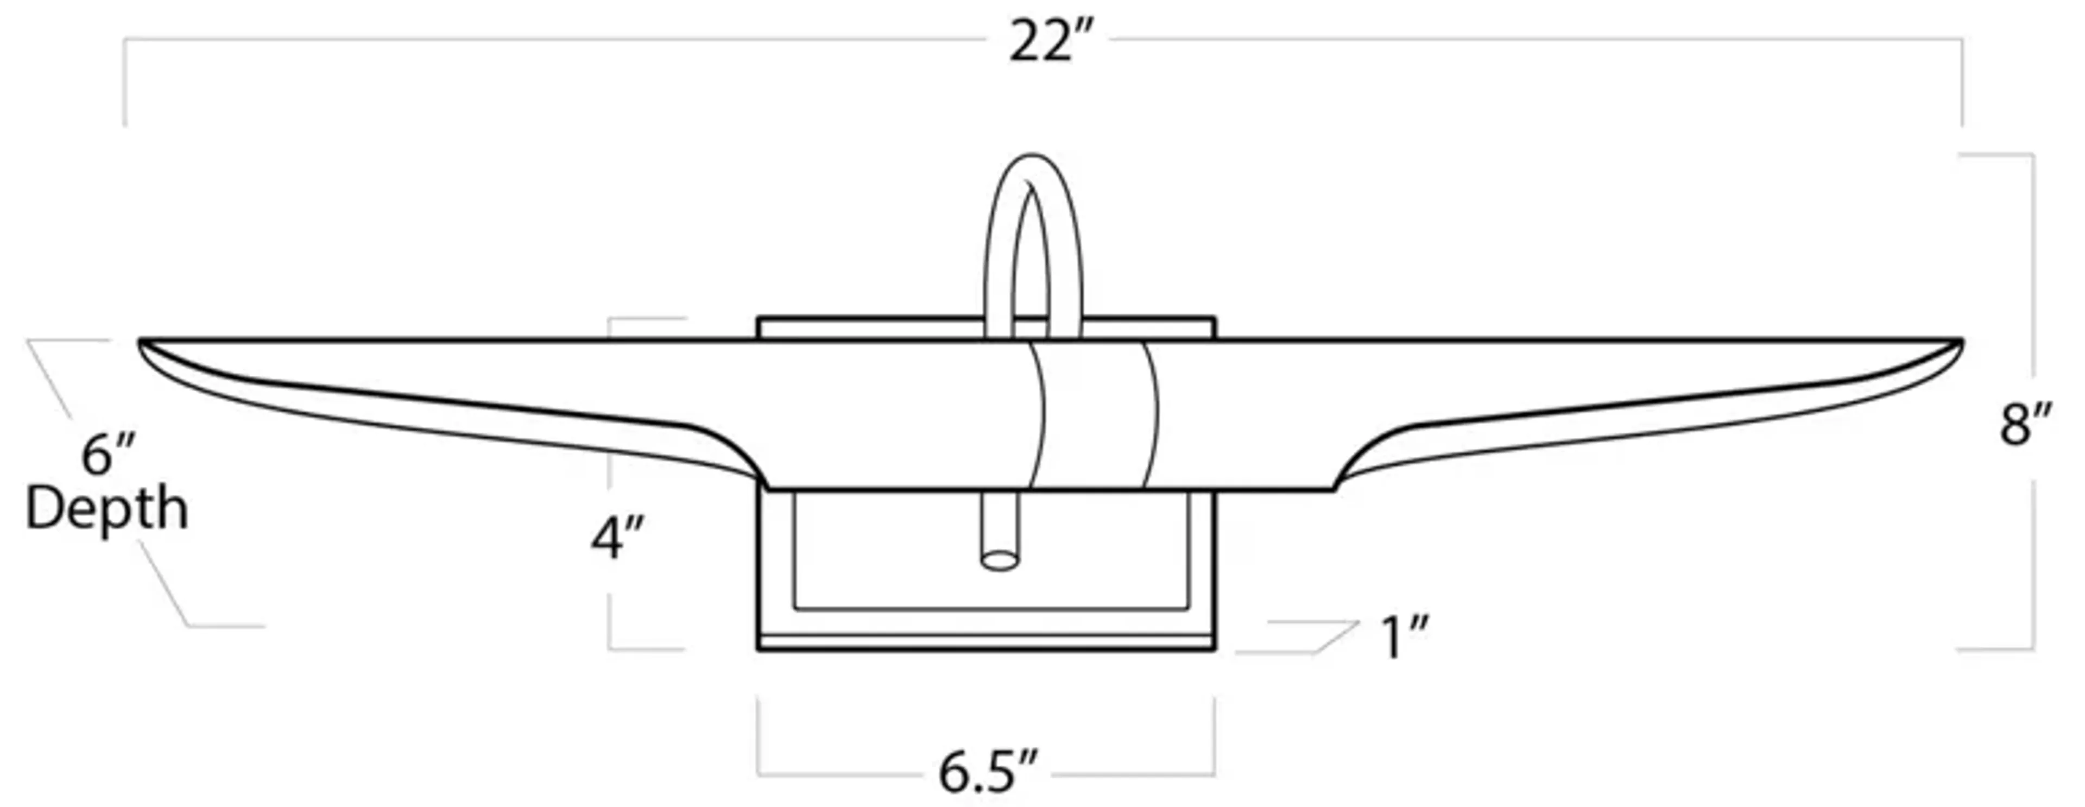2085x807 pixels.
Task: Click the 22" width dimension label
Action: pos(1051,43)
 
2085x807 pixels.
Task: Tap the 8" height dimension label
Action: pos(2025,425)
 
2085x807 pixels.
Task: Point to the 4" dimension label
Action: pos(617,539)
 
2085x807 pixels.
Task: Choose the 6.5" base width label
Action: pos(988,772)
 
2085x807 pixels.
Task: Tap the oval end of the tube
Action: pos(1000,560)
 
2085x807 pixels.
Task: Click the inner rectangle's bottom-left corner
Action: pos(795,608)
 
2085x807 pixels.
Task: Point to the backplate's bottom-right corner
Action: pos(1214,648)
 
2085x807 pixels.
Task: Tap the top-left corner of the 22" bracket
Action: pos(125,40)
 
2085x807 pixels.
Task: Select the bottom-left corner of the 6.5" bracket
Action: pos(759,774)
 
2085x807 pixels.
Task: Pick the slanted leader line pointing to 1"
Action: pos(1336,637)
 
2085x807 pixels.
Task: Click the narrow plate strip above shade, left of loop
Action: pos(870,329)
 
